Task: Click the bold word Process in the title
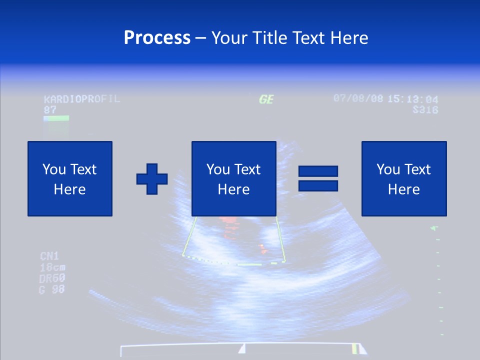coord(157,38)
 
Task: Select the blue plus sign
coord(152,179)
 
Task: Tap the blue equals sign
coord(318,178)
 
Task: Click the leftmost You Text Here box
coord(70,178)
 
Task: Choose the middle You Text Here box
coord(233,178)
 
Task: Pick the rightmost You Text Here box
coord(403,178)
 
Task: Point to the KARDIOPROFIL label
coord(82,98)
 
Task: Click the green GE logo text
coord(266,99)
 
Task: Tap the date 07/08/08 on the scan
coord(358,98)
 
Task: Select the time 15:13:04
coord(412,99)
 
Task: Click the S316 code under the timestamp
coord(425,109)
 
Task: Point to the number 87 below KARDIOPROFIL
coord(50,109)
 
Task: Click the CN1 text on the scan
coord(49,256)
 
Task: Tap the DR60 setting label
coord(52,278)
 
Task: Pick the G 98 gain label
coord(52,289)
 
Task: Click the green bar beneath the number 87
coord(56,118)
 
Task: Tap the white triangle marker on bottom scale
coord(242,348)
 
